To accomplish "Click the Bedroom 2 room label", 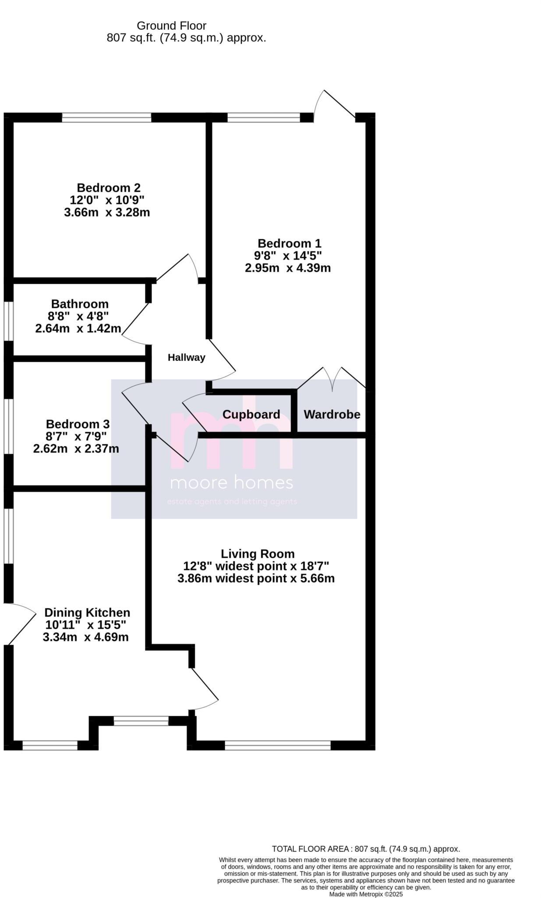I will [x=108, y=188].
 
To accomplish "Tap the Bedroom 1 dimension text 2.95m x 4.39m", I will [x=287, y=268].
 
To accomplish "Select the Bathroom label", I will [x=80, y=304].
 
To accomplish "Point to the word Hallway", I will [x=186, y=357].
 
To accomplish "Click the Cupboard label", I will [x=251, y=414].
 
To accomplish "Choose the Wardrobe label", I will [x=332, y=414].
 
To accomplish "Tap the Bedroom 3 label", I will [x=78, y=424].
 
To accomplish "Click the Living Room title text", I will [x=257, y=554].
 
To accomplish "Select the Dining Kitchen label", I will [x=87, y=613].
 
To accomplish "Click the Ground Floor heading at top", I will [x=171, y=26].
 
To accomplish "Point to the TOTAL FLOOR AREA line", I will [x=365, y=849].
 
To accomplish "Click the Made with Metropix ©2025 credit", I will [x=366, y=894].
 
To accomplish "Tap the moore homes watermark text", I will [x=231, y=483].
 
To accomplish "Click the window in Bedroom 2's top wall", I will [x=106, y=118].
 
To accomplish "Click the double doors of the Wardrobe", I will [x=332, y=379].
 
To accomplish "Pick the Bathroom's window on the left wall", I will [x=9, y=321].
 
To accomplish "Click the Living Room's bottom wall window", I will [x=278, y=745].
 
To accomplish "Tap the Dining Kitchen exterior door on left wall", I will [x=20, y=624].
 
